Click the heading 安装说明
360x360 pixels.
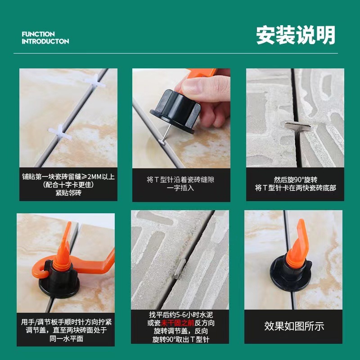[296, 35]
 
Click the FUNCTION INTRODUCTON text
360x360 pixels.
[45, 38]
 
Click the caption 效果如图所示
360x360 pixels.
[294, 326]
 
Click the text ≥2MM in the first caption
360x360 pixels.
[92, 176]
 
